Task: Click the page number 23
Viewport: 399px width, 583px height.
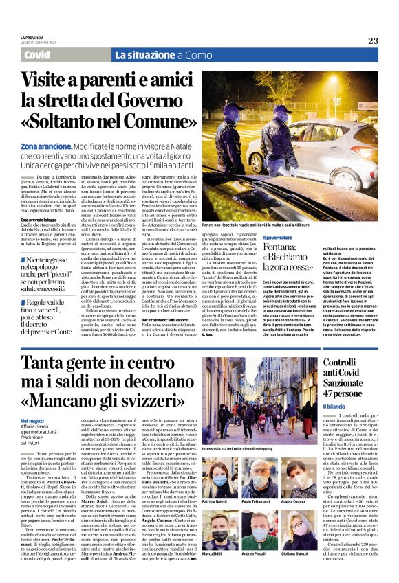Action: [373, 41]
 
